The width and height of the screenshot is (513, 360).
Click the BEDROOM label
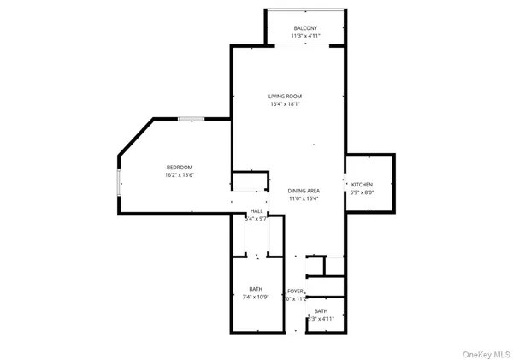(x=180, y=167)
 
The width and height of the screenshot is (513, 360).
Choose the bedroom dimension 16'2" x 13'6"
(x=180, y=175)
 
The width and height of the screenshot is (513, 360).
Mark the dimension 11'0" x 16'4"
(x=304, y=199)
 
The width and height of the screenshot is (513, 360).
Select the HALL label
(x=256, y=210)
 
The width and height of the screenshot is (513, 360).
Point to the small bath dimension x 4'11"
(x=321, y=319)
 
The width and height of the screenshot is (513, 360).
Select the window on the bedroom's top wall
(x=191, y=119)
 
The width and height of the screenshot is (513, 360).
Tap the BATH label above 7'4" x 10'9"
(x=256, y=289)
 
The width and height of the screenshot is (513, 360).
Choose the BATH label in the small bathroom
(x=321, y=310)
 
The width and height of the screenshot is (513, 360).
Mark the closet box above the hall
(x=251, y=182)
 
